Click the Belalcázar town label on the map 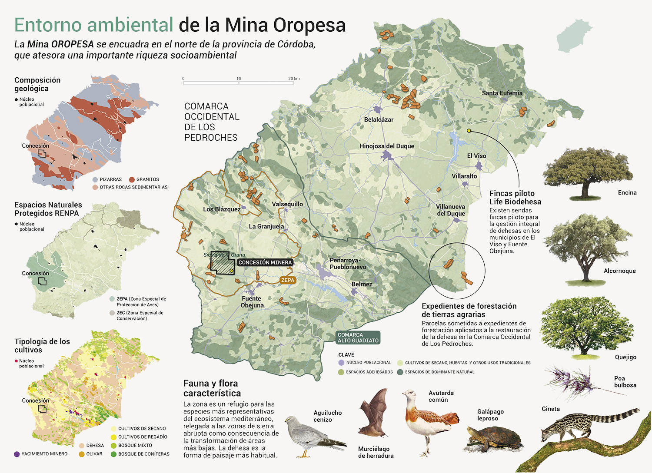click(379, 119)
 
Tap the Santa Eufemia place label click(502, 93)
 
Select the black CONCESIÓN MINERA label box click(265, 262)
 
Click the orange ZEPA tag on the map click(288, 280)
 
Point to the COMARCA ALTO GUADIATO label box click(358, 337)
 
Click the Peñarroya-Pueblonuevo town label click(348, 264)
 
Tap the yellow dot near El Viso click(469, 130)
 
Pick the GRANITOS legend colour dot click(132, 179)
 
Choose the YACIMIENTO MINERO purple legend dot click(17, 454)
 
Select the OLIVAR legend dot click(82, 454)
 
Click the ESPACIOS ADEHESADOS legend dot click(341, 372)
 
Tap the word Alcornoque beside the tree click(619, 271)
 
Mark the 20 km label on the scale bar click(294, 79)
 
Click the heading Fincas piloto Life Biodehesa click(515, 198)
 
